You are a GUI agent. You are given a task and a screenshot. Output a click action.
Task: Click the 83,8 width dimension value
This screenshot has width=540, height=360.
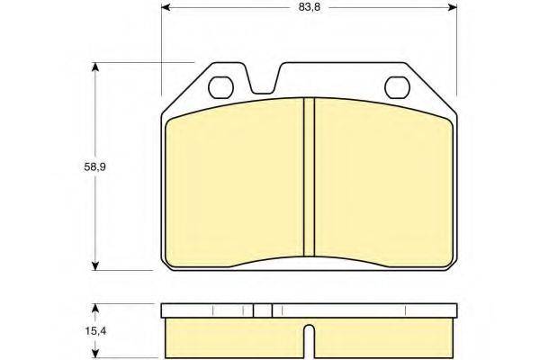[x=310, y=7]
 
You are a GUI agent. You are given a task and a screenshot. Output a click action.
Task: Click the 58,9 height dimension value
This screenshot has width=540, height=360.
[x=94, y=167]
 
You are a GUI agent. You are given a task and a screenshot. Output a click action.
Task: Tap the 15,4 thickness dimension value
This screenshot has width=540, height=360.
[x=95, y=331]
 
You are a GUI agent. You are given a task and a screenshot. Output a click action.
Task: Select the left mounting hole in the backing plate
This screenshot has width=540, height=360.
[x=220, y=87]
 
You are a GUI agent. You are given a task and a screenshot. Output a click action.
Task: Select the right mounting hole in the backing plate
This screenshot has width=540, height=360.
[x=397, y=87]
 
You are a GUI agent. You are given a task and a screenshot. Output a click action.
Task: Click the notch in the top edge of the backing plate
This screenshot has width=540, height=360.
[x=264, y=81]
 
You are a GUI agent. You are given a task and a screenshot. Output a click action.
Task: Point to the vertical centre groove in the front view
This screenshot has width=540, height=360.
[x=309, y=177]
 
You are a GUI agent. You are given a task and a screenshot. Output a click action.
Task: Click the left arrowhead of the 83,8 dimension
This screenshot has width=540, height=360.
[x=166, y=7]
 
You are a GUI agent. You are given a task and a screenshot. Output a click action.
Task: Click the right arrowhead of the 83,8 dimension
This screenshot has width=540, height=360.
[x=452, y=7]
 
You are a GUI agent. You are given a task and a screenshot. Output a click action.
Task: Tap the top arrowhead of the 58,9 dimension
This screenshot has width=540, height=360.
[x=95, y=67]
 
